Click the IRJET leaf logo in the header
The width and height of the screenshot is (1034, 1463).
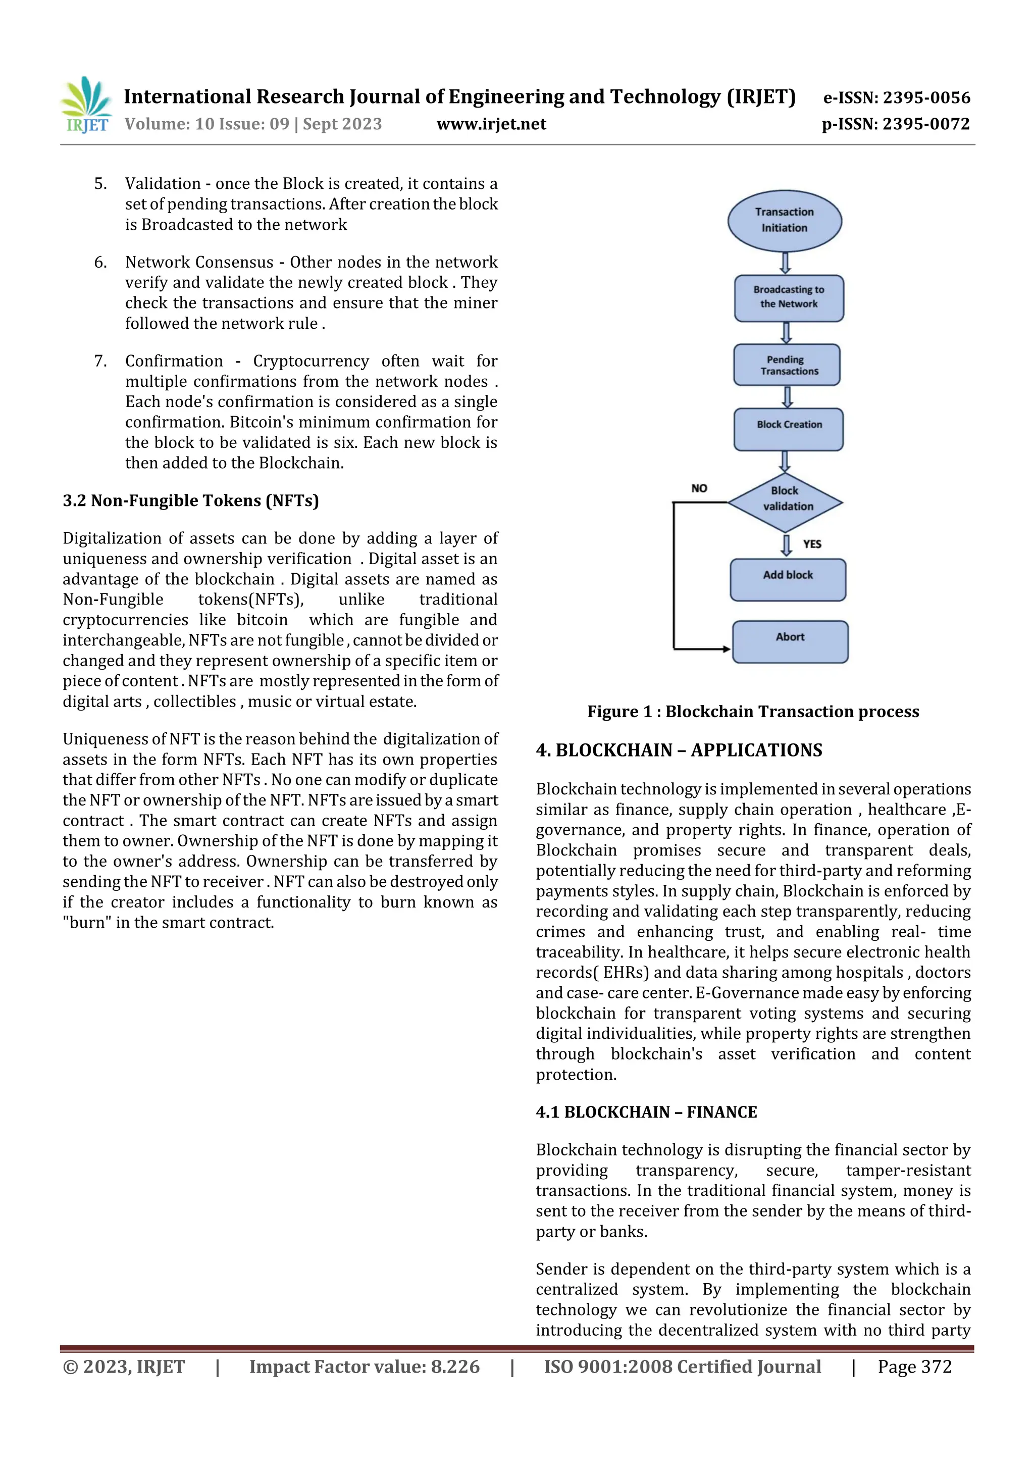click(86, 105)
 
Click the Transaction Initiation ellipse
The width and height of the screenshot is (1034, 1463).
click(784, 221)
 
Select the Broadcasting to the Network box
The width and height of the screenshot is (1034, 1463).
click(789, 297)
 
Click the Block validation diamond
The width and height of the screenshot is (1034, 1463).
click(785, 501)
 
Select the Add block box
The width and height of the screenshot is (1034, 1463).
click(788, 579)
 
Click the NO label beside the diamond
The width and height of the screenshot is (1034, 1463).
click(699, 488)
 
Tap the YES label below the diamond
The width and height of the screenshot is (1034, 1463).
click(812, 543)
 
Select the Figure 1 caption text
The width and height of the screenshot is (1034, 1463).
click(753, 711)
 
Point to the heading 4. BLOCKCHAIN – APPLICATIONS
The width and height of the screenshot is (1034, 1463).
click(679, 750)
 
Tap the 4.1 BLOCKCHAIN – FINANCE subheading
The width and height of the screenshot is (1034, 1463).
click(646, 1112)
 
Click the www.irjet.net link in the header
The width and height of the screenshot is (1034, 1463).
click(491, 124)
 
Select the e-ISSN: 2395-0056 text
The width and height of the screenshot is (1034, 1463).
click(896, 97)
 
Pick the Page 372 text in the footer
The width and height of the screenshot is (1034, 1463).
click(914, 1366)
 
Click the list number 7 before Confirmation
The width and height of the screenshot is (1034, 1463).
click(100, 361)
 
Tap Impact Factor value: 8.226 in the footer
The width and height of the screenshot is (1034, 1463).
click(364, 1366)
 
